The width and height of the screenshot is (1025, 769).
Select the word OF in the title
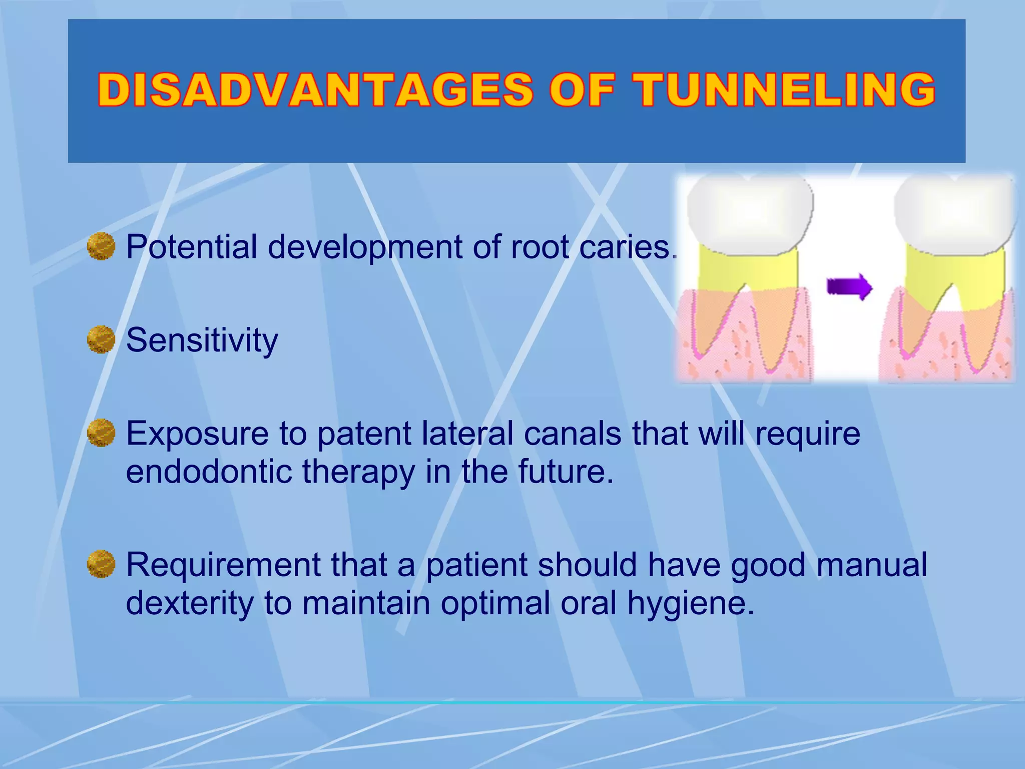pyautogui.click(x=582, y=90)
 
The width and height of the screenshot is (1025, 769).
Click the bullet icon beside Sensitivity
pyautogui.click(x=101, y=339)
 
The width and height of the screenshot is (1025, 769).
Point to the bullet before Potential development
pyautogui.click(x=101, y=246)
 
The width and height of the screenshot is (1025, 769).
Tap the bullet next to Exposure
pyautogui.click(x=101, y=433)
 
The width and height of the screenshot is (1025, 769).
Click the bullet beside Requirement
pyautogui.click(x=101, y=564)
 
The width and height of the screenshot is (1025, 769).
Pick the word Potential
pyautogui.click(x=191, y=247)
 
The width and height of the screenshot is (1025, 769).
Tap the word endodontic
pyautogui.click(x=208, y=472)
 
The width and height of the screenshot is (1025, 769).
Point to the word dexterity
pyautogui.click(x=189, y=603)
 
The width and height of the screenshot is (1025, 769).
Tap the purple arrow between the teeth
pyautogui.click(x=849, y=287)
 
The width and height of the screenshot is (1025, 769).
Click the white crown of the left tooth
pyautogui.click(x=750, y=215)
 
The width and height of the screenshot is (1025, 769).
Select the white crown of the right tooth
pyautogui.click(x=955, y=215)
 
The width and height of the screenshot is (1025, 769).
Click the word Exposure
pyautogui.click(x=198, y=434)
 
